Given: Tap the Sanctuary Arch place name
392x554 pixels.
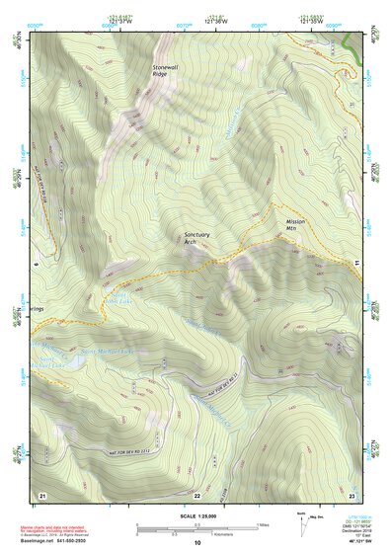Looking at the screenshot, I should click(x=196, y=239).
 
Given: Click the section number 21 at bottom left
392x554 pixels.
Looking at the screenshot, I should click(x=41, y=494).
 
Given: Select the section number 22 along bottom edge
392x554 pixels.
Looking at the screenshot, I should click(x=196, y=495).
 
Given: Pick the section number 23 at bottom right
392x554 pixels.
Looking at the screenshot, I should click(x=353, y=494).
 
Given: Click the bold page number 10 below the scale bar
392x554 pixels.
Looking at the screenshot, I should click(x=196, y=543).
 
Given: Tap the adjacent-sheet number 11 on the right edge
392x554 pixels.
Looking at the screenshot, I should click(x=355, y=262).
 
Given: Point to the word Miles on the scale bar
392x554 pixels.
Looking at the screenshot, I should click(x=262, y=524).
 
